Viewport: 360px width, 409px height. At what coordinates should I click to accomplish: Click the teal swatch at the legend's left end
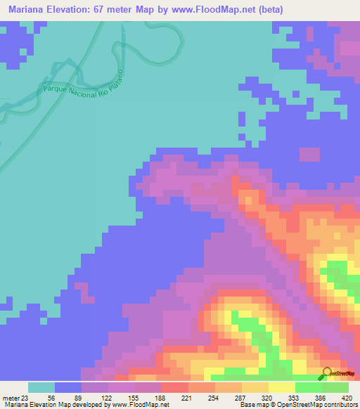tap(41, 387)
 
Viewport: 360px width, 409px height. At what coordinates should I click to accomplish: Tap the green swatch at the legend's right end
tap(335, 387)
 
